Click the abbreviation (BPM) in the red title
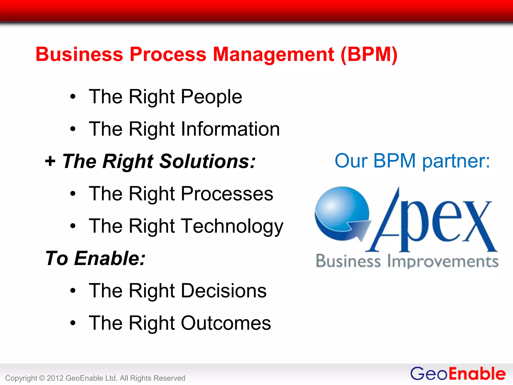(x=369, y=55)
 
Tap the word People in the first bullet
(x=211, y=97)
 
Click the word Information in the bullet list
(x=230, y=129)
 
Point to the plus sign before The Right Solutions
(x=50, y=161)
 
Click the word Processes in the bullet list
(x=227, y=194)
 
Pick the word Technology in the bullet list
(x=232, y=226)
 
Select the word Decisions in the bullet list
(x=224, y=291)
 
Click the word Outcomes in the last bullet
(x=226, y=323)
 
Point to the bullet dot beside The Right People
(x=73, y=97)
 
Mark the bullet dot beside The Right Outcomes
(x=73, y=323)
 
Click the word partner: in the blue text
(x=456, y=161)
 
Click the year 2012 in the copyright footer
(x=55, y=378)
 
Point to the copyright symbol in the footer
(x=42, y=378)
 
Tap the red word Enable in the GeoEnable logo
(x=477, y=374)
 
